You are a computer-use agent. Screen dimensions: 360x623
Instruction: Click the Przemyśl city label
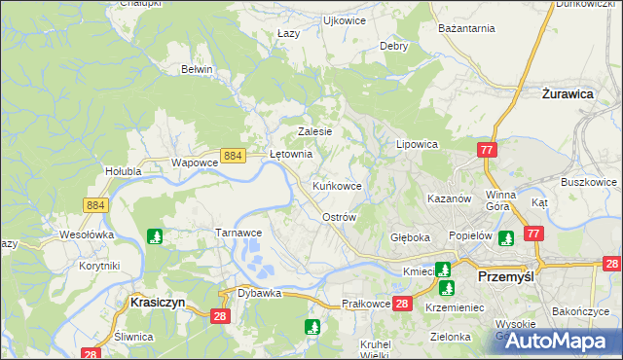[x=510, y=276]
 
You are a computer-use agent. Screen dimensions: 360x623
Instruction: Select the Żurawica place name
[x=568, y=94]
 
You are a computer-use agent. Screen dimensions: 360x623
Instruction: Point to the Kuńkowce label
[x=338, y=185]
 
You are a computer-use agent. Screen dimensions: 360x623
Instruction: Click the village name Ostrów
[x=340, y=217]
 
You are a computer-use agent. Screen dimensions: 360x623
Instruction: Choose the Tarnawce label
[x=238, y=233]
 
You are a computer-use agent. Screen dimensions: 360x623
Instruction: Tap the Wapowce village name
[x=193, y=162]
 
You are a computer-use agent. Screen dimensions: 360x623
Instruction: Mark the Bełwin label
[x=198, y=69]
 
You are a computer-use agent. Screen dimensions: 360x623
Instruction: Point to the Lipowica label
[x=418, y=143]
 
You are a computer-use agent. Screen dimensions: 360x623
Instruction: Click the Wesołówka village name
[x=87, y=234]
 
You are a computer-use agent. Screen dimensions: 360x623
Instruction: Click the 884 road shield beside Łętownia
[x=233, y=155]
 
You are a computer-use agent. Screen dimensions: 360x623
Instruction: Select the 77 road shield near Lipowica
[x=488, y=149]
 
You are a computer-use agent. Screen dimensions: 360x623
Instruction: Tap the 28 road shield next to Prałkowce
[x=404, y=305]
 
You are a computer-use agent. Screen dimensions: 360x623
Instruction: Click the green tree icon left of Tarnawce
[x=154, y=235]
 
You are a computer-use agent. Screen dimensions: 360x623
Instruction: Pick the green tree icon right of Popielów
[x=505, y=237]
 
